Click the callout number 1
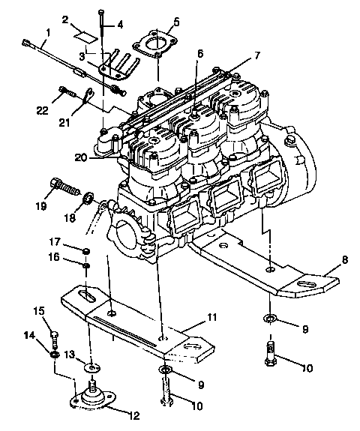(48, 32)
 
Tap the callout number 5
(175, 22)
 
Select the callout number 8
(344, 259)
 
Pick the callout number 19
(41, 205)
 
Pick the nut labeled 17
(86, 250)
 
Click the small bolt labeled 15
(56, 334)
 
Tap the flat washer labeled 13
(91, 367)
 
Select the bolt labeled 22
(65, 94)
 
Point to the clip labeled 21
(88, 97)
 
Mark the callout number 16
(55, 256)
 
